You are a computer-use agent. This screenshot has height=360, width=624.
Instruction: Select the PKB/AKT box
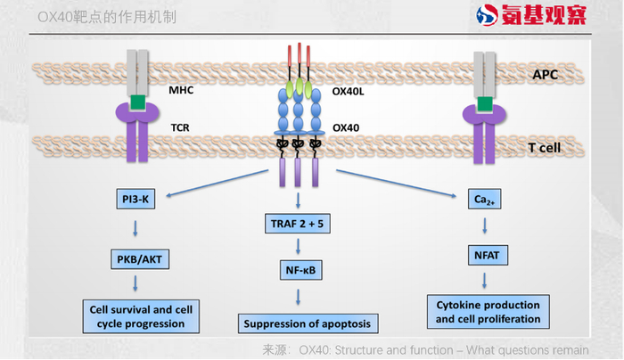137,260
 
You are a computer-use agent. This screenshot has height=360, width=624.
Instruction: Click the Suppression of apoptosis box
304,323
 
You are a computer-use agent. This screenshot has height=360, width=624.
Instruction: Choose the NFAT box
486,255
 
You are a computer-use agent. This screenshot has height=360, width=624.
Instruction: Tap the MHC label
182,90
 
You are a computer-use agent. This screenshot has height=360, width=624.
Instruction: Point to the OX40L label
351,90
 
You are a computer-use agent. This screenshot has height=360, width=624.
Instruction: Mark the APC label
545,75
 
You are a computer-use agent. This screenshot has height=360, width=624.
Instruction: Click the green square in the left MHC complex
135,104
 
